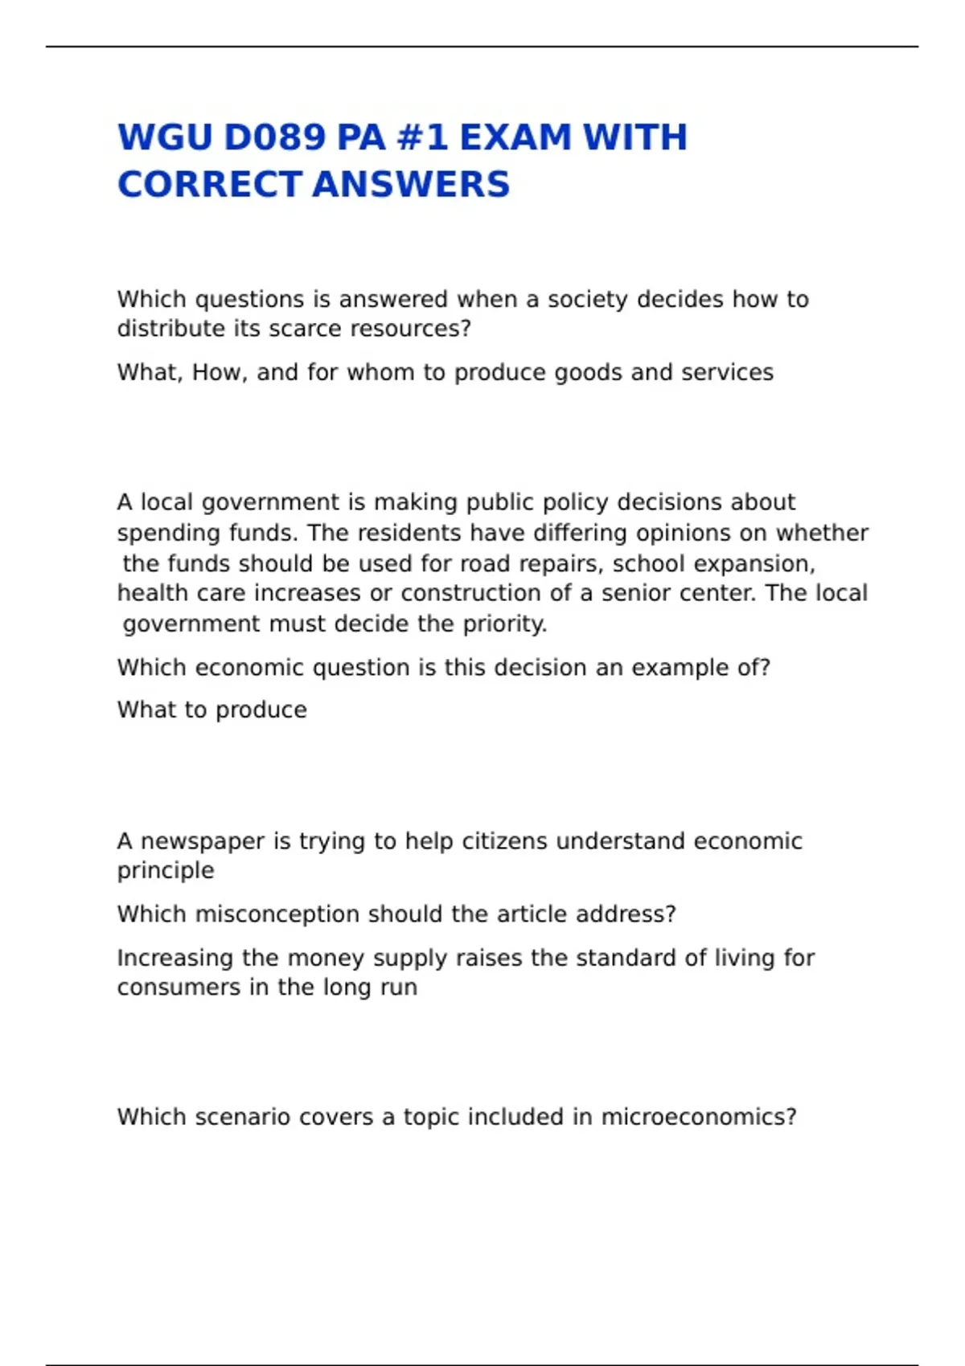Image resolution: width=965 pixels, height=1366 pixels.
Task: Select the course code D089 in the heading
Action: pos(274,137)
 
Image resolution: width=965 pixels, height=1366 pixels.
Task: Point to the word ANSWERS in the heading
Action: pos(411,185)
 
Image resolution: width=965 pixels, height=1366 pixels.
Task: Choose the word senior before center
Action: pos(639,593)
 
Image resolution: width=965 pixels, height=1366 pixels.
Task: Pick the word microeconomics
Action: pos(699,1117)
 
